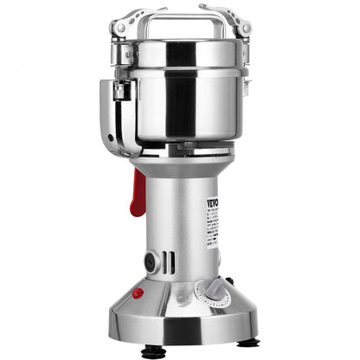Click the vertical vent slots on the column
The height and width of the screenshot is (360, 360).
(x=169, y=261)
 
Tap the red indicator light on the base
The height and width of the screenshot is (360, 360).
(x=138, y=293)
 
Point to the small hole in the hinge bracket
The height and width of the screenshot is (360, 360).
(x=110, y=138)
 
